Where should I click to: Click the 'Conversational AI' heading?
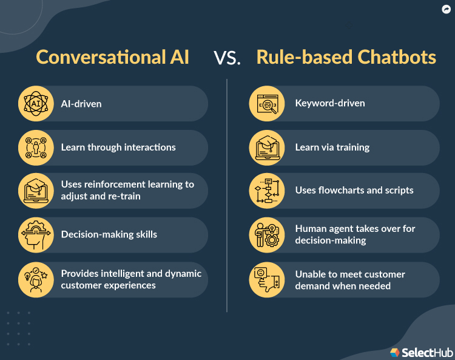pyautogui.click(x=112, y=57)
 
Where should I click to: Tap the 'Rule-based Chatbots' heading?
pyautogui.click(x=346, y=57)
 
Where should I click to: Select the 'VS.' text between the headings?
pyautogui.click(x=227, y=58)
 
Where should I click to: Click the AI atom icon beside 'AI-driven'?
pyautogui.click(x=35, y=103)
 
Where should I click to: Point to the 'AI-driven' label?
pyautogui.click(x=81, y=104)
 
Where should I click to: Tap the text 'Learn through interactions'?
pyautogui.click(x=118, y=147)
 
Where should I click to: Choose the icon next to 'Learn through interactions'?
pyautogui.click(x=35, y=147)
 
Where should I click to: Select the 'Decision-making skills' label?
pyautogui.click(x=109, y=234)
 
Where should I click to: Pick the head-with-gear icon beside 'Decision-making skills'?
pyautogui.click(x=35, y=234)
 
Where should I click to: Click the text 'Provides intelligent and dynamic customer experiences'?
pyautogui.click(x=131, y=279)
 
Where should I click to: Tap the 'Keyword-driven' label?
pyautogui.click(x=330, y=103)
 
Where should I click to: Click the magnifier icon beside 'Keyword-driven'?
pyautogui.click(x=267, y=103)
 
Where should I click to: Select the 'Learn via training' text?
pyautogui.click(x=332, y=147)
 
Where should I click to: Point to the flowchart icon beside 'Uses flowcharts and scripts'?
pyautogui.click(x=267, y=191)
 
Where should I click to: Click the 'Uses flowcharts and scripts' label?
pyautogui.click(x=354, y=190)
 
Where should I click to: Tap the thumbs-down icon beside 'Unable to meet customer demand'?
pyautogui.click(x=267, y=279)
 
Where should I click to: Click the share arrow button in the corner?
pyautogui.click(x=446, y=9)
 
